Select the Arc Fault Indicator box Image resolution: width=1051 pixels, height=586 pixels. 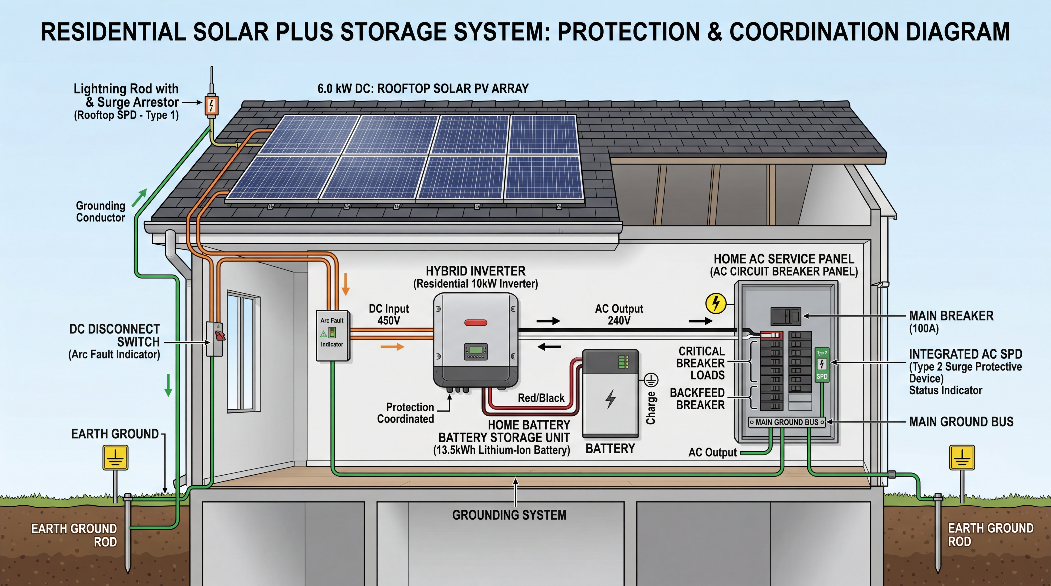click(x=332, y=335)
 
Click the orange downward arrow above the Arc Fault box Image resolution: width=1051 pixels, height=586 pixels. click(x=346, y=284)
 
